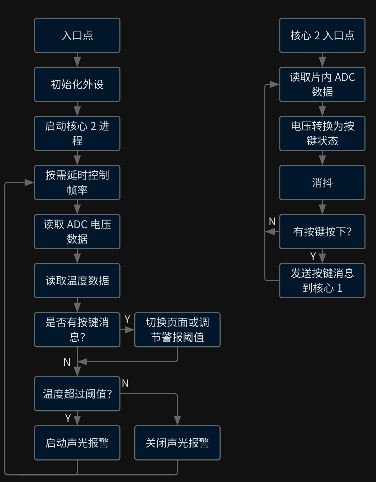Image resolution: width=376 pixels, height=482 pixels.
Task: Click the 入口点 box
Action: pos(77,35)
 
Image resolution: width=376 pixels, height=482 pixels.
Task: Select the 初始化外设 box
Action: pos(77,84)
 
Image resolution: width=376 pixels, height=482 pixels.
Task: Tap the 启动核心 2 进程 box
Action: pos(77,133)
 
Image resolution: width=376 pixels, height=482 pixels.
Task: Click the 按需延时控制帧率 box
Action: pos(77,182)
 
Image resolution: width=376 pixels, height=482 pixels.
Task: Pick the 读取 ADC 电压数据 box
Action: pos(77,231)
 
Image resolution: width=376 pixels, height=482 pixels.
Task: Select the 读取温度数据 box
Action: pos(77,281)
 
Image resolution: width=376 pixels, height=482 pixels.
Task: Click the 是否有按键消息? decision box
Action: pos(77,330)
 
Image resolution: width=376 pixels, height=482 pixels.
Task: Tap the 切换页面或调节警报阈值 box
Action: pos(177,330)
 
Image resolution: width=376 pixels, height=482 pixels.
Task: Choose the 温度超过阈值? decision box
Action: pos(77,394)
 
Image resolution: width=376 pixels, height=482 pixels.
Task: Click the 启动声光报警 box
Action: pos(77,443)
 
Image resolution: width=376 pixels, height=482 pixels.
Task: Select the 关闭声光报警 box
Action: pos(177,443)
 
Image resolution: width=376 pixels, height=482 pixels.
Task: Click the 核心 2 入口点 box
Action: pos(322,35)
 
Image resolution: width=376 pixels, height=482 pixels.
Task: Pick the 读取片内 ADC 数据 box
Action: pos(322,84)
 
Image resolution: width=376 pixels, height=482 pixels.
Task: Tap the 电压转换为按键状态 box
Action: pos(322,133)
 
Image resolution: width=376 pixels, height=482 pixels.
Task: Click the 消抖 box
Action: pos(322,182)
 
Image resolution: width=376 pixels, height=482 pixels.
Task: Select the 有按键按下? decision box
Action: pos(322,231)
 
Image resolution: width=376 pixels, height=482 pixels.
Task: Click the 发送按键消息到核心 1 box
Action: pos(322,281)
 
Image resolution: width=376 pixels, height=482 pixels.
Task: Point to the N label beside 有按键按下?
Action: pos(272,221)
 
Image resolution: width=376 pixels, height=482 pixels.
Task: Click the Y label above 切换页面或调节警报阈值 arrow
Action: pos(127,319)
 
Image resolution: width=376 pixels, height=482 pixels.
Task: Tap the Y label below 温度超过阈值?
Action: pos(68,418)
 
